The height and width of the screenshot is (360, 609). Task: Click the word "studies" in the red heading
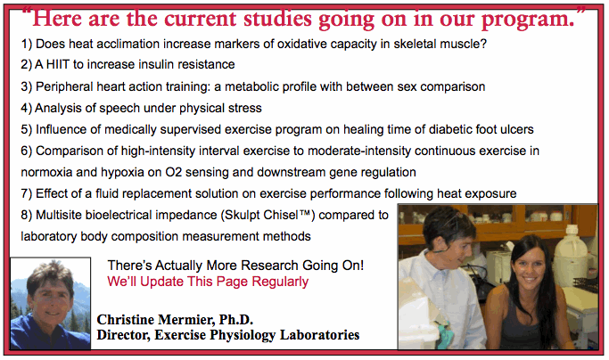pos(277,18)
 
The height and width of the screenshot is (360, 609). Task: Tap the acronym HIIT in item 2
pos(57,64)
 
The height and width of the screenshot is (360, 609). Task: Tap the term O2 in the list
pos(174,172)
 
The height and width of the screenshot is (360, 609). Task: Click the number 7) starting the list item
pos(27,193)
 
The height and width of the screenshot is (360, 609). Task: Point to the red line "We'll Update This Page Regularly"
pos(208,282)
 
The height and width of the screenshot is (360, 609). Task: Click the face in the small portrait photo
pos(51,293)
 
